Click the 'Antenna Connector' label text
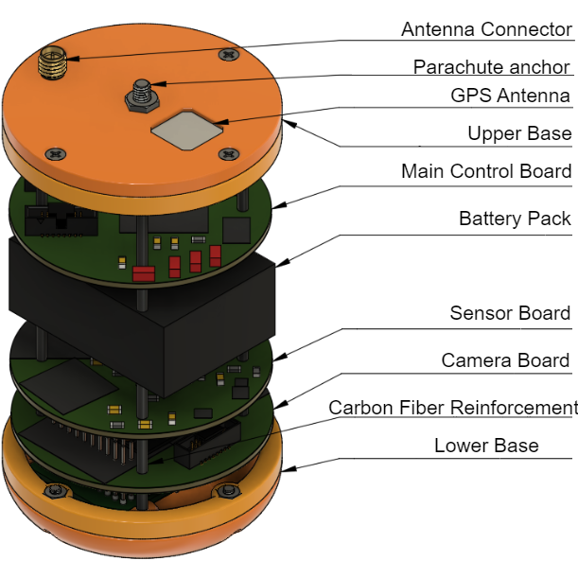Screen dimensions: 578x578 486,29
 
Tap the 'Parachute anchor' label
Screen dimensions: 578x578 491,67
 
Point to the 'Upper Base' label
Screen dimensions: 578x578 519,133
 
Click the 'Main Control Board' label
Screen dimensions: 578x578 486,171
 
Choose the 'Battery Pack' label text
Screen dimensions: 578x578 515,219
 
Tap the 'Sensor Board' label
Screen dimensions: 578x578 510,313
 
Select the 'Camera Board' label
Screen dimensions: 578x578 505,360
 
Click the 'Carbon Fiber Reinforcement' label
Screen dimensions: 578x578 452,408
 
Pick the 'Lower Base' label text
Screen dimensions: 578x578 486,446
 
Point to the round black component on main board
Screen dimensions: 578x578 236,231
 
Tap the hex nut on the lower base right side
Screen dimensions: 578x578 227,490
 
